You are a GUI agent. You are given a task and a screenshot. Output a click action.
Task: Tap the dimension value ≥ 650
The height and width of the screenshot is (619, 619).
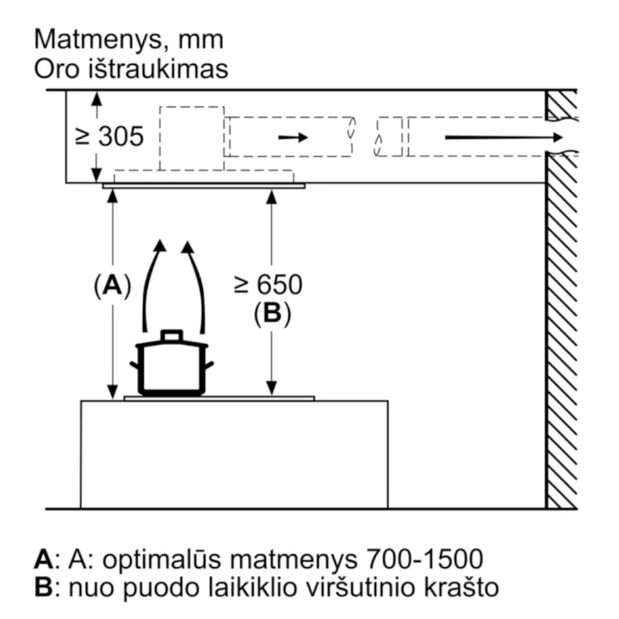(268, 284)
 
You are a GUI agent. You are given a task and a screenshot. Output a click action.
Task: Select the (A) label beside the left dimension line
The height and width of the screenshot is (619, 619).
(112, 284)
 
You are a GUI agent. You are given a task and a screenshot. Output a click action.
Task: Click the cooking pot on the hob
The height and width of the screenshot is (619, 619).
(172, 366)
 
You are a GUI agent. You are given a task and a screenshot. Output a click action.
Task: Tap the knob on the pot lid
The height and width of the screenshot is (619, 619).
(172, 335)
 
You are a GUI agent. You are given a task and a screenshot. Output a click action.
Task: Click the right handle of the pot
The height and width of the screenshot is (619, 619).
(209, 365)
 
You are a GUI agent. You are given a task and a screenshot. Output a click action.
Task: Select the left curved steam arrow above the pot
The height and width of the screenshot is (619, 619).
(152, 284)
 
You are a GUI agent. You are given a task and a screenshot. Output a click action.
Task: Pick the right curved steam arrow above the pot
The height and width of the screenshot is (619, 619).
(195, 284)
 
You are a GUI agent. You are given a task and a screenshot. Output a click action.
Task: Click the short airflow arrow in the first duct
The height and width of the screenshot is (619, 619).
(293, 138)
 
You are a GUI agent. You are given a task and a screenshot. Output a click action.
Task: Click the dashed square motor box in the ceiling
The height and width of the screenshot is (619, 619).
(191, 138)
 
